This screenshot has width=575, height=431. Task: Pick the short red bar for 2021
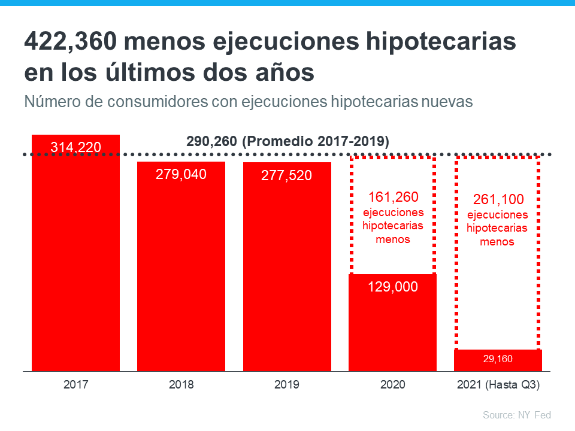point(498,360)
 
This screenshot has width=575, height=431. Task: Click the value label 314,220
point(75,147)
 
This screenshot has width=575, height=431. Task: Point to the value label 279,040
point(181,174)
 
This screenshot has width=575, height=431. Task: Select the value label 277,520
point(287,175)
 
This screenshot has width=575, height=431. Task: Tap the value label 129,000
point(392,287)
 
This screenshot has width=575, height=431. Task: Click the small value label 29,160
point(498,359)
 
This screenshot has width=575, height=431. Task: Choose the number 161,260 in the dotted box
point(392,197)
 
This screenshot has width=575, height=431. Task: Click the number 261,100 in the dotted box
point(497,199)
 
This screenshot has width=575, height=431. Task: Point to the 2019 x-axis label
point(287,385)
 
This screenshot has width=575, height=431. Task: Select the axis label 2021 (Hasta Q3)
point(498,385)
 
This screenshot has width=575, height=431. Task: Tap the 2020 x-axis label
point(392,385)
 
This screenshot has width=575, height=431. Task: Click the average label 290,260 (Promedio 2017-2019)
point(287,141)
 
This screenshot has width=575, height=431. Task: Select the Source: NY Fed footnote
point(516,415)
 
